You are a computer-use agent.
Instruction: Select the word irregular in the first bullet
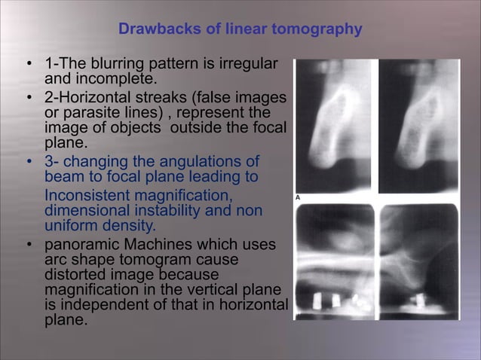(251, 63)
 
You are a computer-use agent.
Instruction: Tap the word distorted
(72, 276)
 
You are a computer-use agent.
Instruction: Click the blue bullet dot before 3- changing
(28, 163)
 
